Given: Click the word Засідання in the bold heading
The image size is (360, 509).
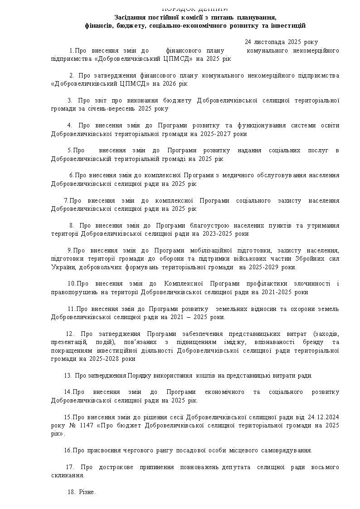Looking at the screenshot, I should point(129,17).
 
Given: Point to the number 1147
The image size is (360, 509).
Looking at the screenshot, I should point(85,426).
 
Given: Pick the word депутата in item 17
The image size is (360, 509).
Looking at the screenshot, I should point(236,467).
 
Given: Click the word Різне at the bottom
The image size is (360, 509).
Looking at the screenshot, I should point(87,492).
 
